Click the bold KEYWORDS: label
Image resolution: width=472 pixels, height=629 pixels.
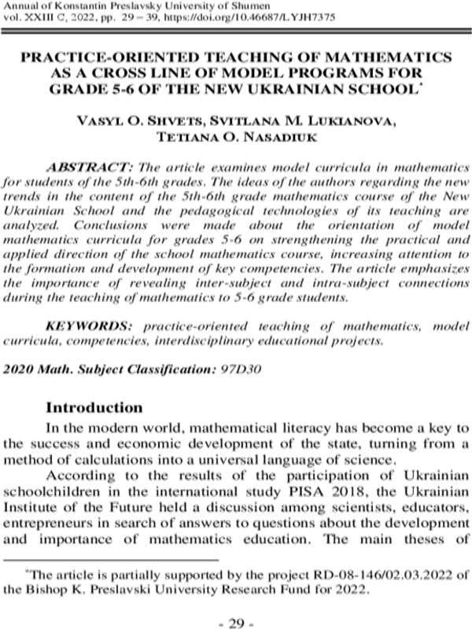pyautogui.click(x=86, y=326)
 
